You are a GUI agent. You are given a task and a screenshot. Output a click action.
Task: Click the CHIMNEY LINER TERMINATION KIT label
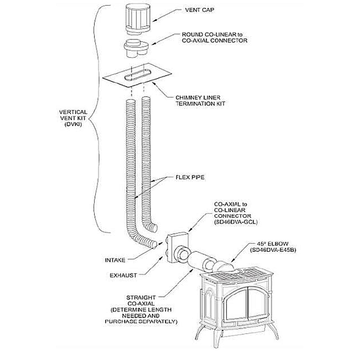(x=198, y=100)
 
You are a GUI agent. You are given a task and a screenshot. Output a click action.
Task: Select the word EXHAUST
(x=123, y=275)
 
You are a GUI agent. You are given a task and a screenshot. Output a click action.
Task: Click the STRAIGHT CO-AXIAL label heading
(x=141, y=301)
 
